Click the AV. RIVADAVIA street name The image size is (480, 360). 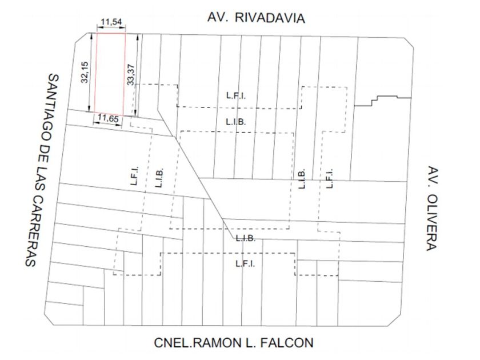pos(256,18)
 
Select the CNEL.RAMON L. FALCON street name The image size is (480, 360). pos(234,343)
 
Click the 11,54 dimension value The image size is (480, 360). pos(111,22)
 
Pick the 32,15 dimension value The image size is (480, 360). pos(85,71)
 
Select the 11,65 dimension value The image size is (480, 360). pos(108,118)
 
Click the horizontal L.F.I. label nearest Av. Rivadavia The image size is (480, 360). pos(236,96)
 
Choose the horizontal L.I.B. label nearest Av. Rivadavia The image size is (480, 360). pos(235,122)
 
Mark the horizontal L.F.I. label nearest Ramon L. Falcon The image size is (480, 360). pos(245,263)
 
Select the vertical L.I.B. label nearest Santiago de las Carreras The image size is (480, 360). pos(159,177)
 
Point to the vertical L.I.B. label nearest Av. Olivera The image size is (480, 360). pos(302,179)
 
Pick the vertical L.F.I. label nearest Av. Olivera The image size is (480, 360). pos(329,179)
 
